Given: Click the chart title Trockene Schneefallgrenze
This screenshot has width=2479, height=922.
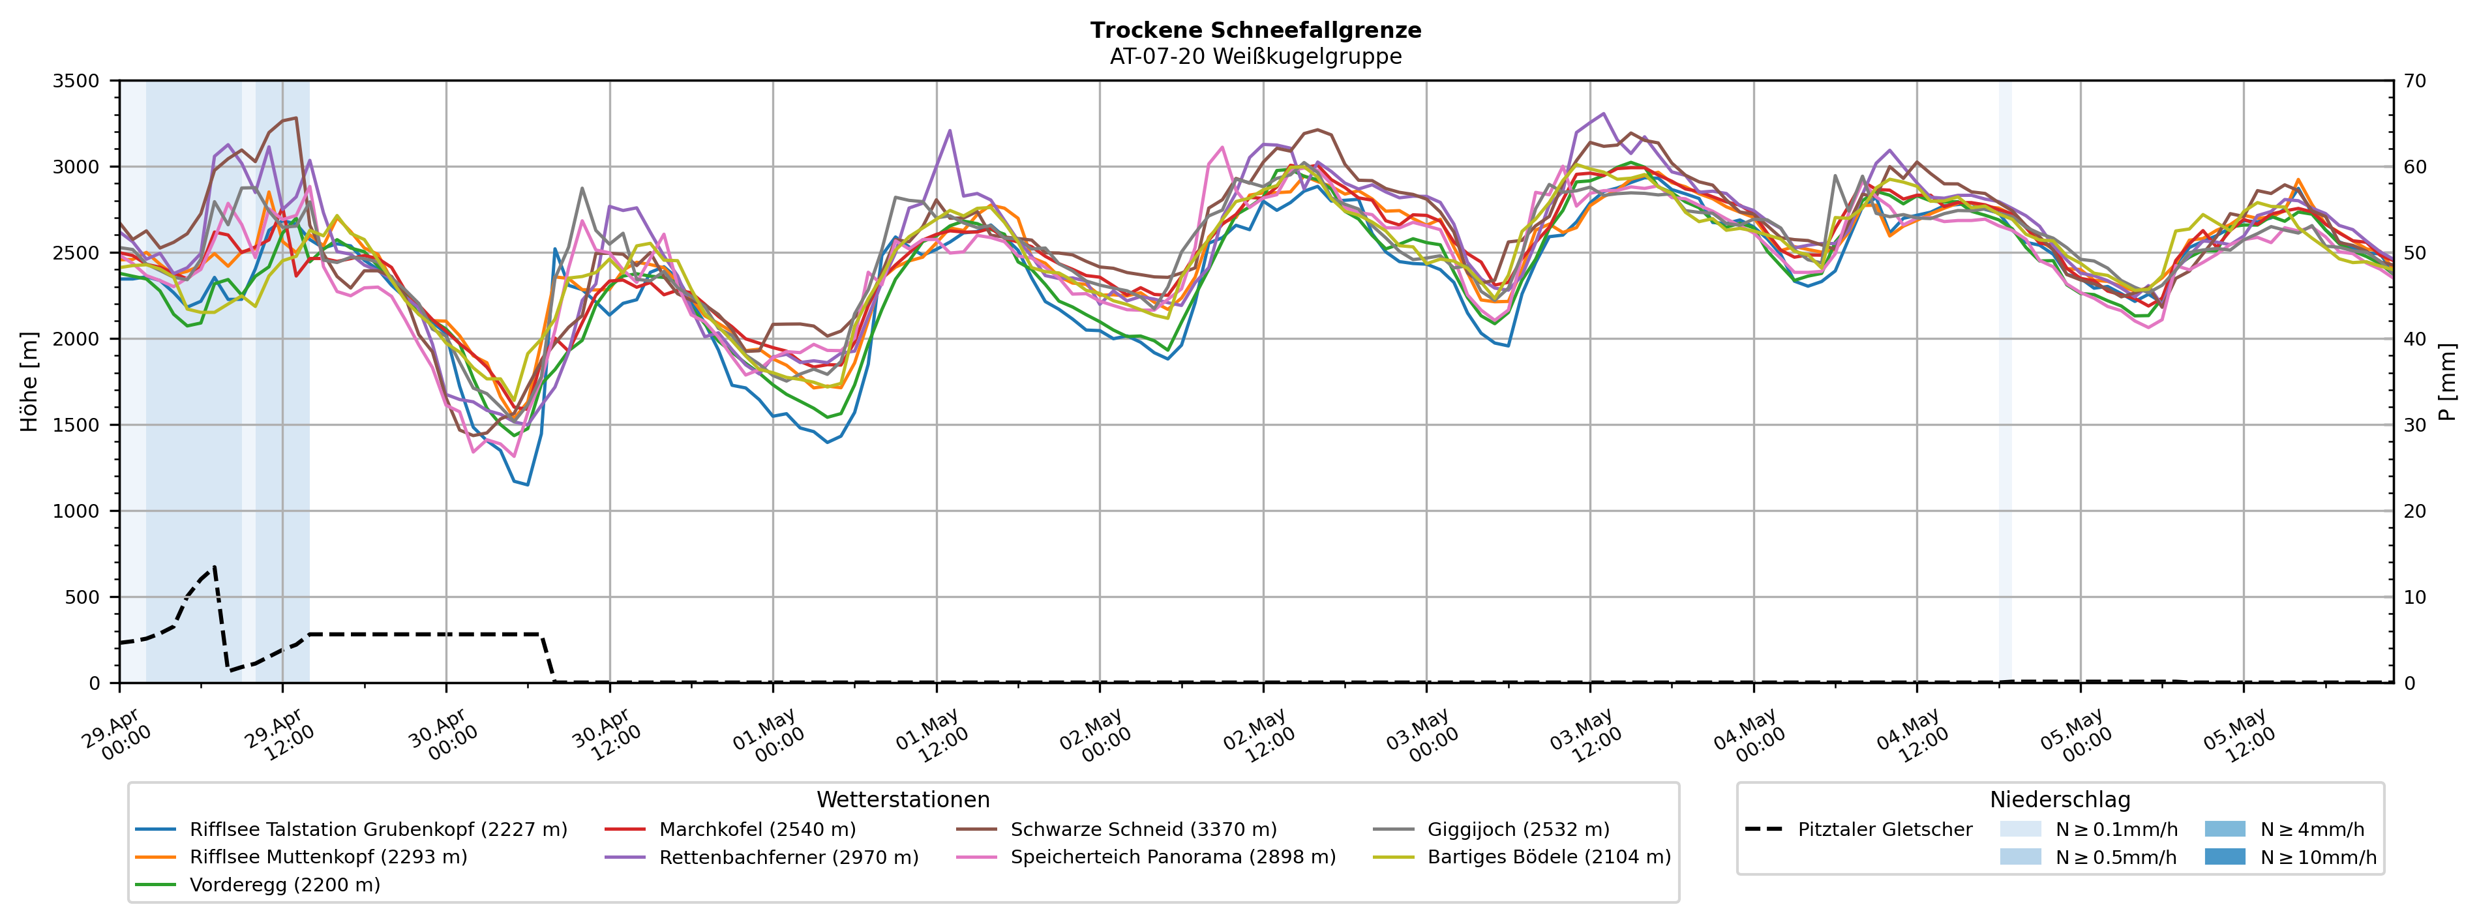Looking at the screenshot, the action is [1256, 30].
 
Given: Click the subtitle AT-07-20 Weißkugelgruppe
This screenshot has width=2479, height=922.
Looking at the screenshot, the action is [1256, 56].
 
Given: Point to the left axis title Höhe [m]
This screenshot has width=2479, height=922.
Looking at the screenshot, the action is [30, 381].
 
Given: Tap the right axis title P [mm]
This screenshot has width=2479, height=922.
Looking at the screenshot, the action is [2447, 381].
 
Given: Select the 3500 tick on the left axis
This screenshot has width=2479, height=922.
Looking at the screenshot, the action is [76, 81].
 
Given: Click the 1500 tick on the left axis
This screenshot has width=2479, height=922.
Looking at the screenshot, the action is [76, 425].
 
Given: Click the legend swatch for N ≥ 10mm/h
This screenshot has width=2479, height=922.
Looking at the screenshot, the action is [2224, 857].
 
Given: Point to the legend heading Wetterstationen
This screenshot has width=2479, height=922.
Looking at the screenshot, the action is [903, 800].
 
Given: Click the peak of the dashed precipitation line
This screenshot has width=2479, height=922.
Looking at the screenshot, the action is [215, 566].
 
